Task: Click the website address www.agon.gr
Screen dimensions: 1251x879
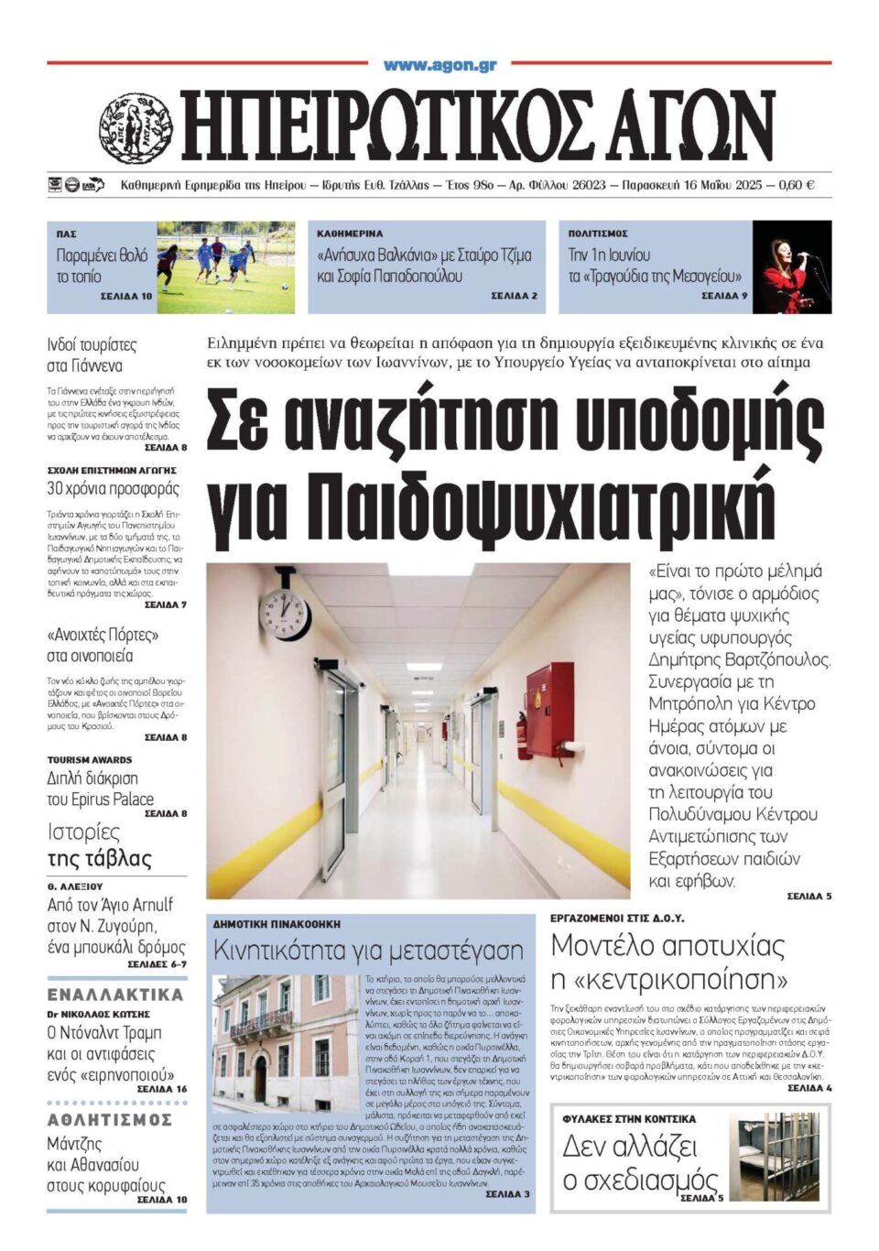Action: coord(439,65)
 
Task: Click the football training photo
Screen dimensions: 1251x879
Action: coord(225,267)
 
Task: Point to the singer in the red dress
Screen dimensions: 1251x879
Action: coord(788,267)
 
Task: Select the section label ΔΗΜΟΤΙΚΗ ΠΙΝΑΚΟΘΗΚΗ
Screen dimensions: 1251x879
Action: coord(277,924)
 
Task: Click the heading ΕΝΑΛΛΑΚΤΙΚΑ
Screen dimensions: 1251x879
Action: coord(115,995)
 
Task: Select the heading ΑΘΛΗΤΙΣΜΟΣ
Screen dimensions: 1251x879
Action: coord(110,1119)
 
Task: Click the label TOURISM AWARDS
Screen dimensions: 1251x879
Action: coord(90,759)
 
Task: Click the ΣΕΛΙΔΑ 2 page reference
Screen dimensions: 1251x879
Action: coord(514,296)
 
